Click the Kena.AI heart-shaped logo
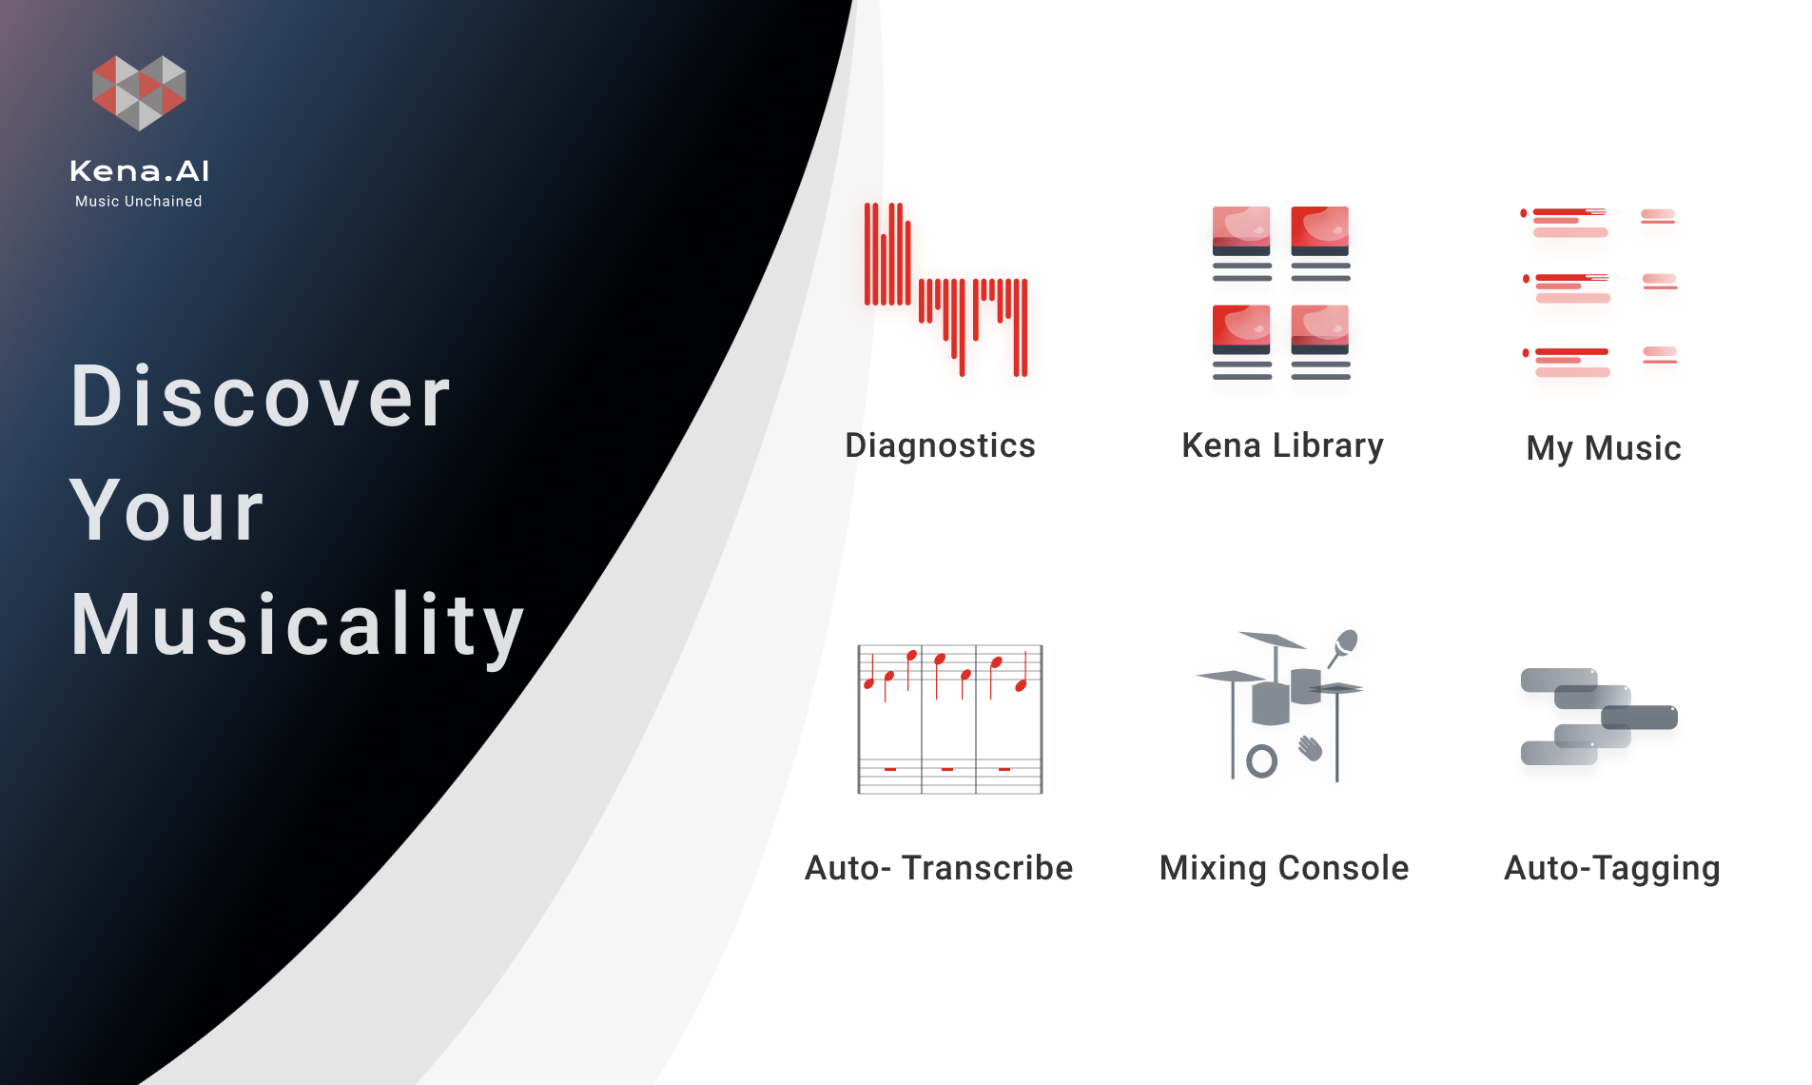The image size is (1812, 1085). pyautogui.click(x=139, y=92)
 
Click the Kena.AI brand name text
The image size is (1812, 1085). pyautogui.click(x=140, y=171)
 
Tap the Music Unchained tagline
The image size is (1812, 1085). pyautogui.click(x=139, y=202)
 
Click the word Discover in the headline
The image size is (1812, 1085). pyautogui.click(x=261, y=397)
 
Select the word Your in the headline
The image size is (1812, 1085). pyautogui.click(x=166, y=511)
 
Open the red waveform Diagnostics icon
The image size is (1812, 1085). pyautogui.click(x=945, y=289)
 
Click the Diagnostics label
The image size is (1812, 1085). pyautogui.click(x=940, y=446)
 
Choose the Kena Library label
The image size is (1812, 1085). pyautogui.click(x=1282, y=446)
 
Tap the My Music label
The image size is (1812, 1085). pyautogui.click(x=1604, y=449)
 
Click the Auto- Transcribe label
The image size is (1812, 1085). pyautogui.click(x=939, y=868)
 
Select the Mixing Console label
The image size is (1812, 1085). pyautogui.click(x=1284, y=869)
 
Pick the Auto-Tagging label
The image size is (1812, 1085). pyautogui.click(x=1612, y=869)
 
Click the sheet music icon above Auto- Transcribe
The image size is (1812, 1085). pyautogui.click(x=950, y=719)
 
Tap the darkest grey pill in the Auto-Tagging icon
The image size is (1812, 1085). pyautogui.click(x=1639, y=717)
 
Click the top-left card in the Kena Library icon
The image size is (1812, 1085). pyautogui.click(x=1241, y=244)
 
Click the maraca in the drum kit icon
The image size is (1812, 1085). pyautogui.click(x=1342, y=646)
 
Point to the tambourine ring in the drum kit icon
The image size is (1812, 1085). pyautogui.click(x=1261, y=760)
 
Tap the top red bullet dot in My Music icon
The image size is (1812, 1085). pyautogui.click(x=1524, y=213)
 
